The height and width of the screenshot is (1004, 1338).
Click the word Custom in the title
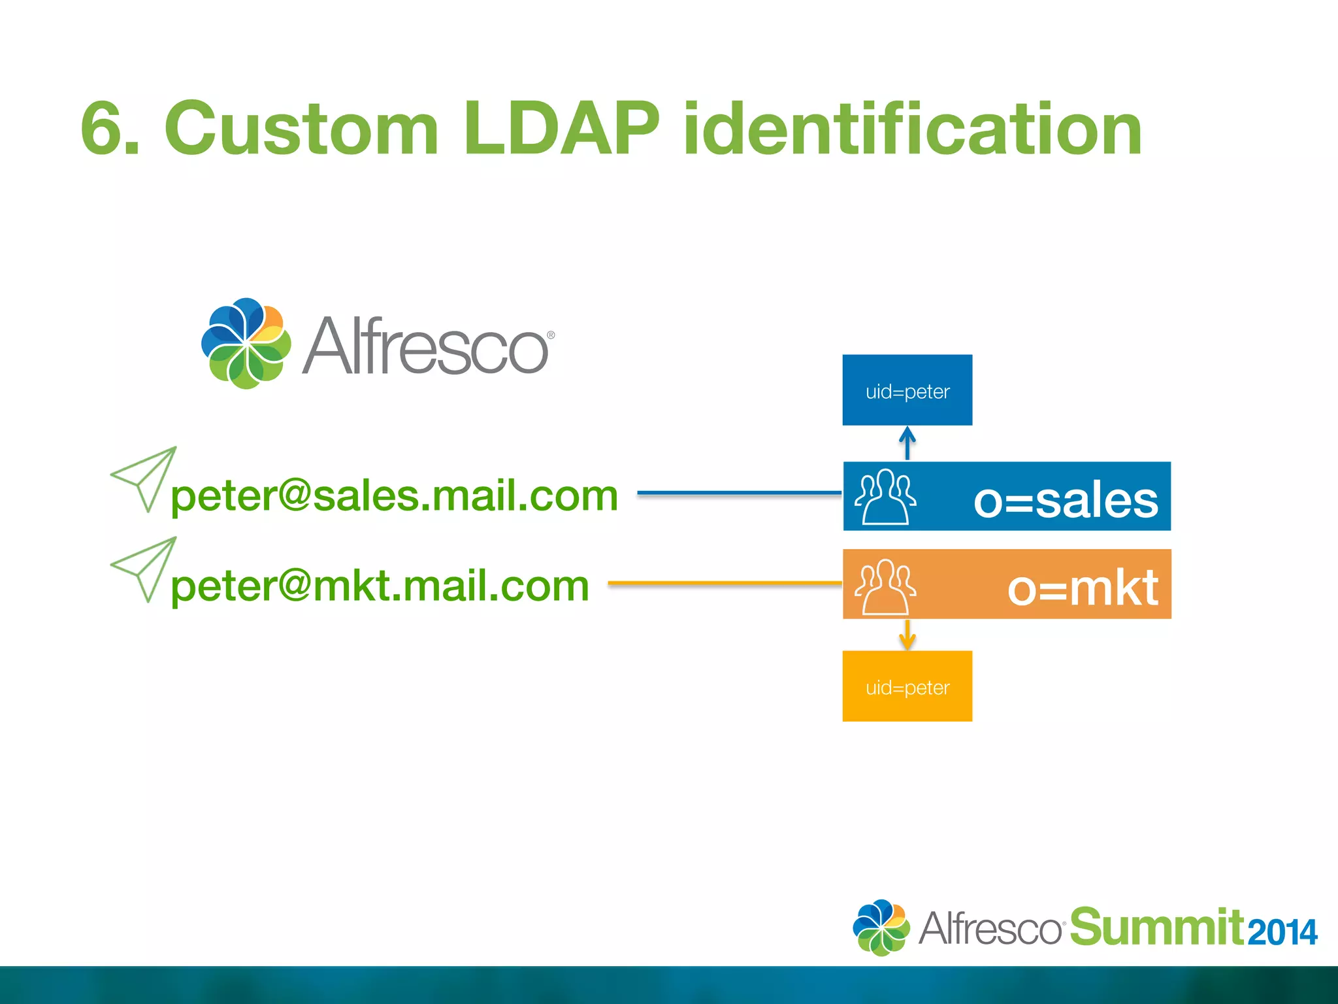(x=301, y=128)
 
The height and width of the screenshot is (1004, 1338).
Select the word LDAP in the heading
(x=561, y=128)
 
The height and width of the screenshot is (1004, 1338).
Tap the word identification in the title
(x=912, y=129)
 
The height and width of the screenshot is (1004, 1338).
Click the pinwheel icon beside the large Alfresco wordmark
(x=246, y=343)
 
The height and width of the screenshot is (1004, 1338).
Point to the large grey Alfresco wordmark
(x=426, y=346)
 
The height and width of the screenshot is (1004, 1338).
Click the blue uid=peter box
(x=907, y=391)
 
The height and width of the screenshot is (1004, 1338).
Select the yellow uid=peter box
(x=907, y=687)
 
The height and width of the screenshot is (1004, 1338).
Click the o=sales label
(x=1066, y=500)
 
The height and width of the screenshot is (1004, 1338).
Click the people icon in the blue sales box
(x=885, y=497)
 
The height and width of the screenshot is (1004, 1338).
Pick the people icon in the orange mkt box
(x=885, y=586)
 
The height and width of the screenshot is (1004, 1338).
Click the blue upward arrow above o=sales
(x=907, y=443)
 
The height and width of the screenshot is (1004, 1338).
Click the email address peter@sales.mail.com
(x=394, y=495)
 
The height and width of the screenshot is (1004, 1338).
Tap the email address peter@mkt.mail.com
(x=380, y=586)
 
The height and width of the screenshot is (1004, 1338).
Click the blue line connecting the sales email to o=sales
(x=738, y=493)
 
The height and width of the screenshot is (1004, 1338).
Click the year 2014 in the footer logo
(x=1282, y=932)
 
